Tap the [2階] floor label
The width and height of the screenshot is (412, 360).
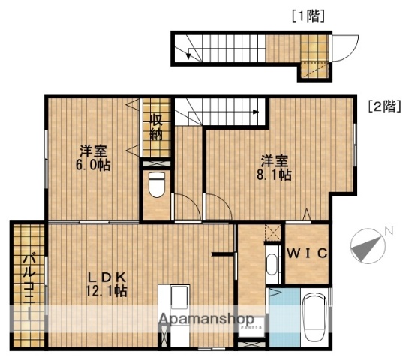[382, 106]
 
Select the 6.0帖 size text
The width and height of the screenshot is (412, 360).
[93, 166]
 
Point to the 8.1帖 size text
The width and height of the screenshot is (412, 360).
[276, 174]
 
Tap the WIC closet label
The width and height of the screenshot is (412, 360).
[306, 253]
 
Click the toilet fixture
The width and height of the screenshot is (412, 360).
[156, 184]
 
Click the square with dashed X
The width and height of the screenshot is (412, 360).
[272, 233]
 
